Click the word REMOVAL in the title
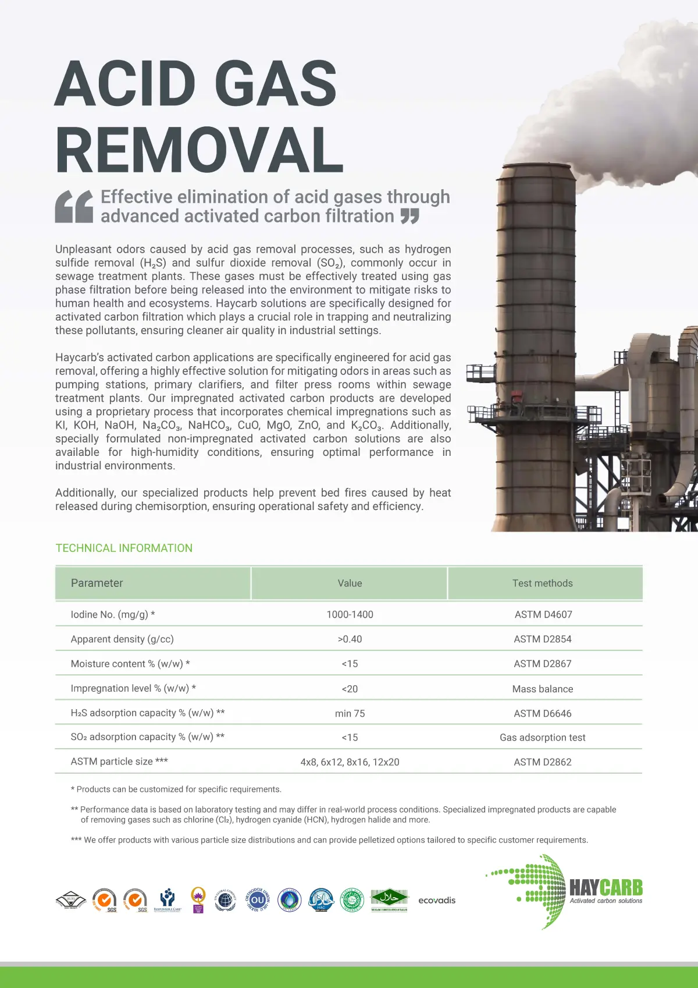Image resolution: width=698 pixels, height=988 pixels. (x=200, y=150)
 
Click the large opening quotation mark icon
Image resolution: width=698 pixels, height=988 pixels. (x=74, y=207)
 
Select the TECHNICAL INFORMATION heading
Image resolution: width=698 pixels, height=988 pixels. (x=124, y=548)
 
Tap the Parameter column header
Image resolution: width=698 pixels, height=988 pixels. (x=97, y=583)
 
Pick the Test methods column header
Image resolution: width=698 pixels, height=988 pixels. (x=542, y=583)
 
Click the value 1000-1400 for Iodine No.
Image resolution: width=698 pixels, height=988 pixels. (x=350, y=614)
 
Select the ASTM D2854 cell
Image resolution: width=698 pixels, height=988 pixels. (x=542, y=639)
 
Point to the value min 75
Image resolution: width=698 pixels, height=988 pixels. (x=350, y=713)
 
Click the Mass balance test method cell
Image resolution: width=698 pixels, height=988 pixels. (x=542, y=689)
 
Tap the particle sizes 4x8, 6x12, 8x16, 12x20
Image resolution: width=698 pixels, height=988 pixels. (x=350, y=762)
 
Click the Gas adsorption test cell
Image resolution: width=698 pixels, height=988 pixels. (x=542, y=738)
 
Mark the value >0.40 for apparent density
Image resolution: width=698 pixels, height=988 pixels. (x=350, y=639)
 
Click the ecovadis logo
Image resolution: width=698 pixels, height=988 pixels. (x=437, y=900)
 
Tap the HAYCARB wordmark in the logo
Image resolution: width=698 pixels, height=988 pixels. (x=606, y=887)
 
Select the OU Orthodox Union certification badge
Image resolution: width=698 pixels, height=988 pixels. (x=257, y=900)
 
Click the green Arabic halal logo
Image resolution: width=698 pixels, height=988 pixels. (x=389, y=898)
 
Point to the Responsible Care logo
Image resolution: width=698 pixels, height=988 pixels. (x=168, y=900)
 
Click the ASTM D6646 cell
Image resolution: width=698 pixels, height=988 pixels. (x=542, y=713)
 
